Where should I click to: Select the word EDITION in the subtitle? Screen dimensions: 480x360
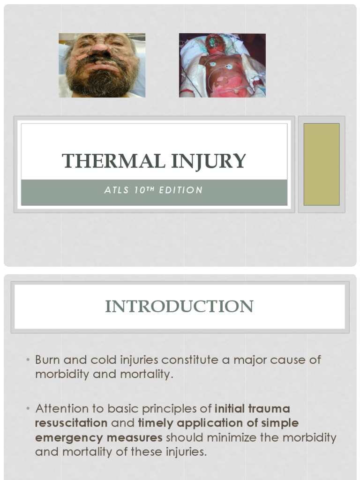pos(180,190)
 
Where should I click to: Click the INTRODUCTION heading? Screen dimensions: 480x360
pos(179,306)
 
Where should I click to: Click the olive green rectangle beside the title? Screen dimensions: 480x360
pos(322,164)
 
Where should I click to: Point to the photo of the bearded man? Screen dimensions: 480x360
pos(102,65)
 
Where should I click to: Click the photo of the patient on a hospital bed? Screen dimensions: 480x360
pos(222,65)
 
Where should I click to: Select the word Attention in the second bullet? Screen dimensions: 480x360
pos(62,408)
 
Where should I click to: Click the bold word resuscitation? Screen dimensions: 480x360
pos(71,423)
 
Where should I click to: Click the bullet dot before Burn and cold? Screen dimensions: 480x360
pos(28,360)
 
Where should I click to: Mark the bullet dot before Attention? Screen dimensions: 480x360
pos(28,408)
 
